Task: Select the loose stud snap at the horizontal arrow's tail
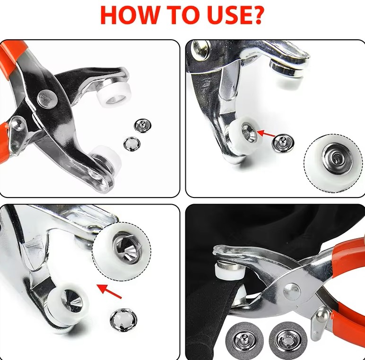coord(283,143)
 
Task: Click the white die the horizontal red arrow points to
coord(244,135)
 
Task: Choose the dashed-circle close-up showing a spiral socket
coord(333,163)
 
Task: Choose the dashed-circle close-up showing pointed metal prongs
coord(122,252)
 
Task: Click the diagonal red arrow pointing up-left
coord(109,291)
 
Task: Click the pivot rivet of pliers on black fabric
coord(292,291)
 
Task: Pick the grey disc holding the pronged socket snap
coord(288,340)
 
